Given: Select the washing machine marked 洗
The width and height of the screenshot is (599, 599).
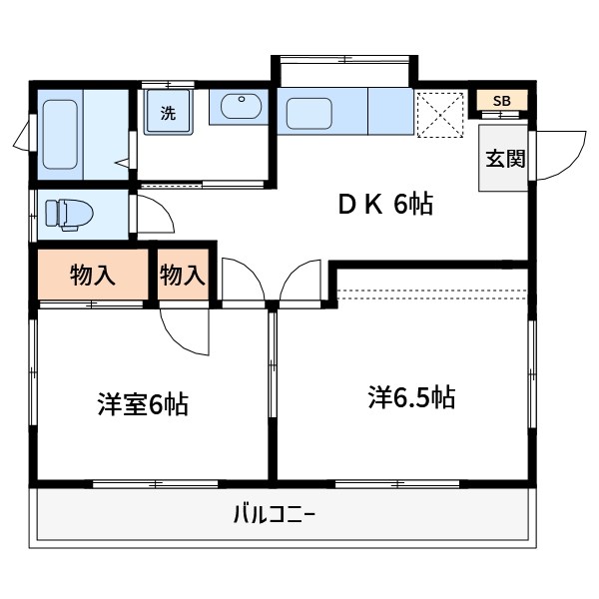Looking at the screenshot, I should pyautogui.click(x=167, y=112).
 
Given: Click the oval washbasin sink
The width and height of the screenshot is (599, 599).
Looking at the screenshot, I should pyautogui.click(x=239, y=107).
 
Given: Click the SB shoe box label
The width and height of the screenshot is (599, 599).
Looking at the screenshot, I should pyautogui.click(x=501, y=101).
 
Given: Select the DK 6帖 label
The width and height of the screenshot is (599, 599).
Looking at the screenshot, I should pyautogui.click(x=384, y=206).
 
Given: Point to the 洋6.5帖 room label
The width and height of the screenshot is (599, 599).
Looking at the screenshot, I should pyautogui.click(x=410, y=397).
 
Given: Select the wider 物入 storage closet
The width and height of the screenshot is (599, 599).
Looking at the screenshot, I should pyautogui.click(x=93, y=275).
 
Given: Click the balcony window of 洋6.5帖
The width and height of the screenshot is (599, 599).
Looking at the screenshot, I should pyautogui.click(x=397, y=484).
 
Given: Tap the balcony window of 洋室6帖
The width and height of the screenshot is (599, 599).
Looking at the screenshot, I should pyautogui.click(x=155, y=484).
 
